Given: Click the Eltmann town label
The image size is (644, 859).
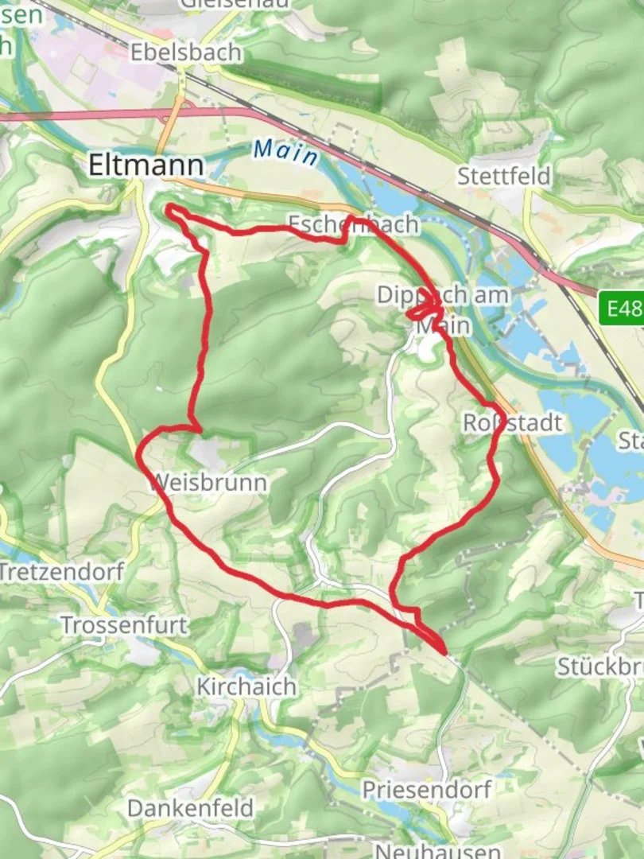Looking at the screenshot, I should pyautogui.click(x=145, y=165).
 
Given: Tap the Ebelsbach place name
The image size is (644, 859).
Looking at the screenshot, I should pyautogui.click(x=186, y=52).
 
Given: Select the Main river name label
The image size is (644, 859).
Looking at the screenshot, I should pyautogui.click(x=286, y=151).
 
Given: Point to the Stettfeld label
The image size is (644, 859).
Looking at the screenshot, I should pyautogui.click(x=504, y=176).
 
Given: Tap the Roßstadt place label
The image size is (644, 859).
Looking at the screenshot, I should pyautogui.click(x=513, y=422).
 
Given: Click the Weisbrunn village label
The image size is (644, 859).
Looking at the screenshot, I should pyautogui.click(x=207, y=483).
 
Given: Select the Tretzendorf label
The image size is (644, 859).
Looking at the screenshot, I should pyautogui.click(x=62, y=571).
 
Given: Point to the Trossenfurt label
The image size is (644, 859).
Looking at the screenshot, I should pyautogui.click(x=125, y=625).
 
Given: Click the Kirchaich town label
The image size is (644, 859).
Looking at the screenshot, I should pyautogui.click(x=246, y=686).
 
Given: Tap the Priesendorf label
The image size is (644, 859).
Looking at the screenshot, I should pyautogui.click(x=427, y=790).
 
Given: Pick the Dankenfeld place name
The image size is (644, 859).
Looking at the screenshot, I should pyautogui.click(x=191, y=809).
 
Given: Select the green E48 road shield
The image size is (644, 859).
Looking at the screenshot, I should pyautogui.click(x=622, y=308).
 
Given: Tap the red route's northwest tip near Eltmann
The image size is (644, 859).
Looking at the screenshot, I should pyautogui.click(x=169, y=208).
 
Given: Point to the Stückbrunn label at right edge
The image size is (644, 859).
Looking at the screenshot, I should pyautogui.click(x=599, y=667).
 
